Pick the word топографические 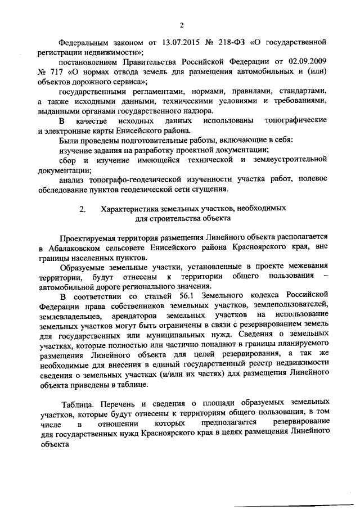click(295, 121)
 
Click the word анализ click(72, 178)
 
